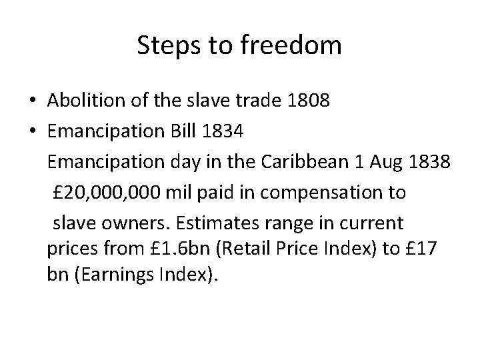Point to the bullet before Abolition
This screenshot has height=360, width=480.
[x=33, y=101]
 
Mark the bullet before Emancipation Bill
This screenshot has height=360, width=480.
[x=33, y=132]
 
